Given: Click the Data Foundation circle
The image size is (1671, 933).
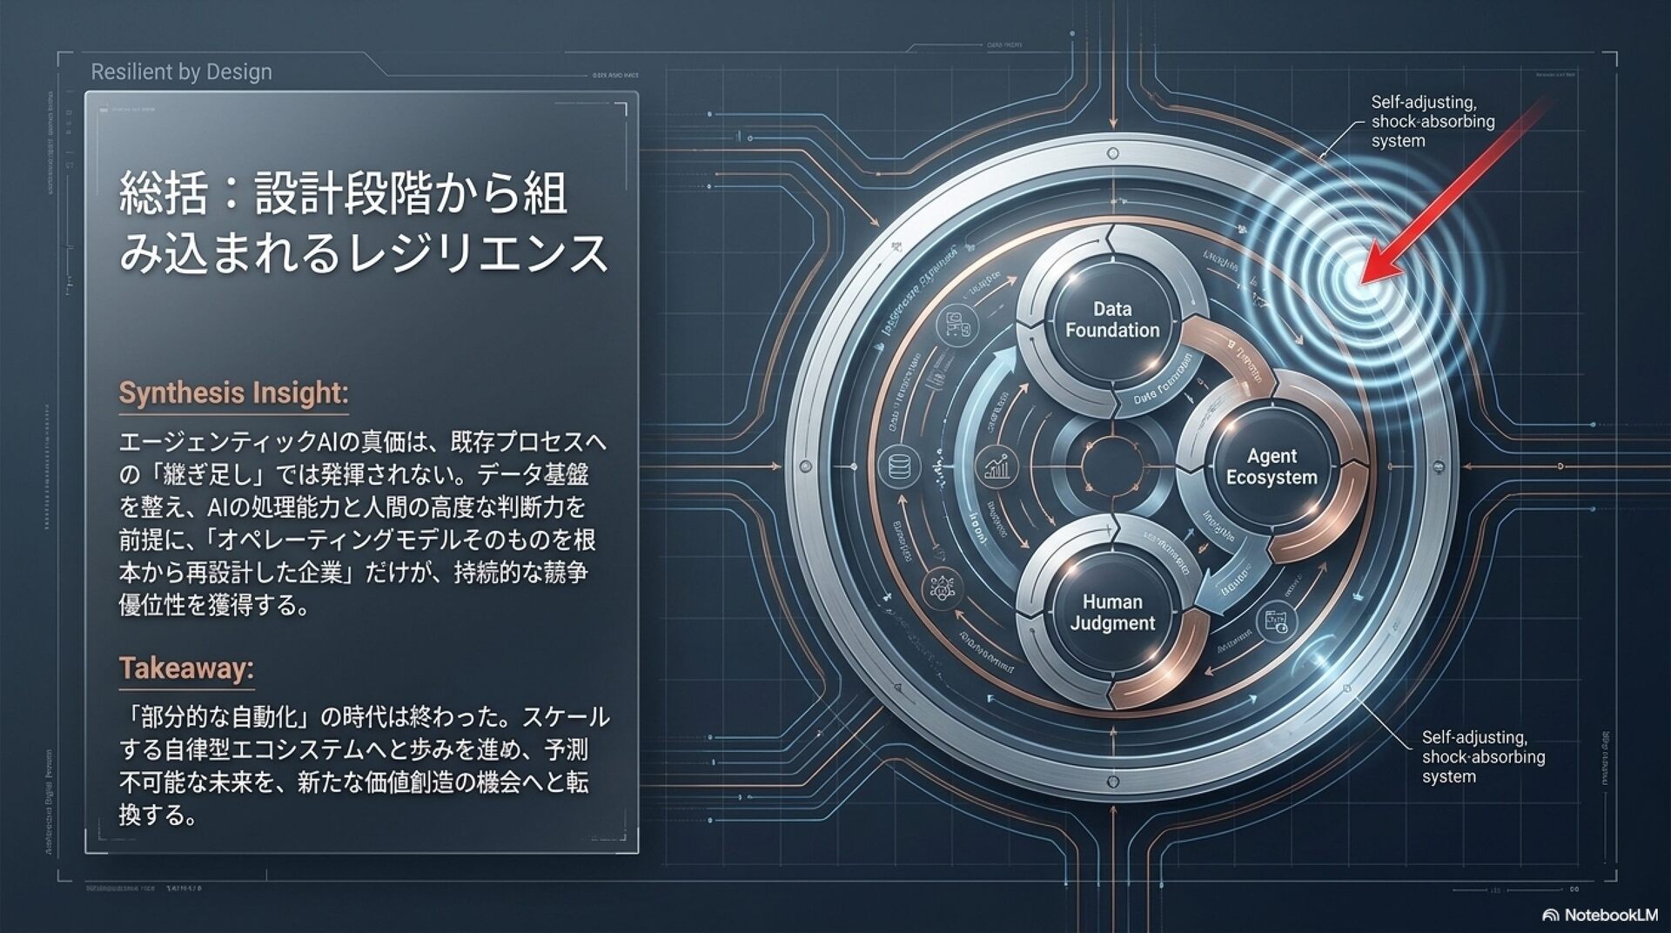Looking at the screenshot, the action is pyautogui.click(x=1112, y=319).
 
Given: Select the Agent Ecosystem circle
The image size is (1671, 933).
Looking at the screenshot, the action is pyautogui.click(x=1272, y=466).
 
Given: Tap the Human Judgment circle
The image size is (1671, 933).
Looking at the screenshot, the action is pyautogui.click(x=1112, y=612).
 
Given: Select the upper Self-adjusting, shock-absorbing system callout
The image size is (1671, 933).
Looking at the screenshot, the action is pyautogui.click(x=1433, y=122).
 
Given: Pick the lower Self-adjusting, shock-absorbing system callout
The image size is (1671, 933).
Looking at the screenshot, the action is pyautogui.click(x=1483, y=756).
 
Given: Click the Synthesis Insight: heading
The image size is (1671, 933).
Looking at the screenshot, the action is pyautogui.click(x=233, y=393).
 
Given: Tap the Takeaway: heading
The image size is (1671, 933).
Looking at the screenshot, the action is pyautogui.click(x=186, y=668).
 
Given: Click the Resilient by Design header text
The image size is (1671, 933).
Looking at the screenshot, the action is pyautogui.click(x=181, y=72).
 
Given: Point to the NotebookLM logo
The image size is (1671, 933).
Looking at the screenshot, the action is pyautogui.click(x=1600, y=915).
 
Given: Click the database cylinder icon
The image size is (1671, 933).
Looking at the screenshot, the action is pyautogui.click(x=899, y=467).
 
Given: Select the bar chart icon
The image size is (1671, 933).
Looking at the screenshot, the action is pyautogui.click(x=996, y=467).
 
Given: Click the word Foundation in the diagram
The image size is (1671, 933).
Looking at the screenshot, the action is pyautogui.click(x=1112, y=331).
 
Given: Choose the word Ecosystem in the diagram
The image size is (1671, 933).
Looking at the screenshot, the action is pyautogui.click(x=1272, y=478).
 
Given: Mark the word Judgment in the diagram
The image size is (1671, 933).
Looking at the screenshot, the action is pyautogui.click(x=1112, y=623).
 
